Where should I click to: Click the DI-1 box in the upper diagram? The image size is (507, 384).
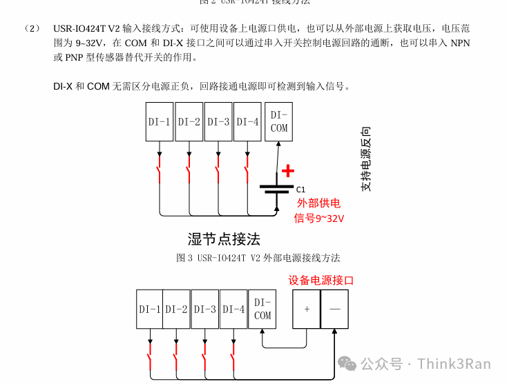click(160, 122)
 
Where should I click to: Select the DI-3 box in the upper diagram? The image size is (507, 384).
click(218, 122)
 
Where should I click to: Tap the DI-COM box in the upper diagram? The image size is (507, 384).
click(278, 122)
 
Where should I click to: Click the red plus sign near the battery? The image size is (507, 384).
click(288, 171)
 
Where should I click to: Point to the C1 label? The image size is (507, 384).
click(300, 189)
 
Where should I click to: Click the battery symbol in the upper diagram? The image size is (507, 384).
click(278, 190)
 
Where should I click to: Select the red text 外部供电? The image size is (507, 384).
click(318, 203)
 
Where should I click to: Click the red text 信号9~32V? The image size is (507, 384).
click(319, 218)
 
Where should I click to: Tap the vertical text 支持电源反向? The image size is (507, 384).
click(366, 159)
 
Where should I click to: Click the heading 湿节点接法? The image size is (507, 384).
click(224, 239)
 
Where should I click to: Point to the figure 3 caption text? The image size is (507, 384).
click(258, 258)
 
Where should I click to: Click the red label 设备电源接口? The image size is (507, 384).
click(321, 281)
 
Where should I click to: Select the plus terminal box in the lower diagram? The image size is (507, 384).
click(307, 309)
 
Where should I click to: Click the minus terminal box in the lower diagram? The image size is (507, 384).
click(335, 309)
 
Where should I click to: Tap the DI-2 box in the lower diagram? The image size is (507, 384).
click(177, 310)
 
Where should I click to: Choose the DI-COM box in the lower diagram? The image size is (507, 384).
click(262, 309)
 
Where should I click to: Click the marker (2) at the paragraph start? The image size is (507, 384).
click(32, 29)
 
